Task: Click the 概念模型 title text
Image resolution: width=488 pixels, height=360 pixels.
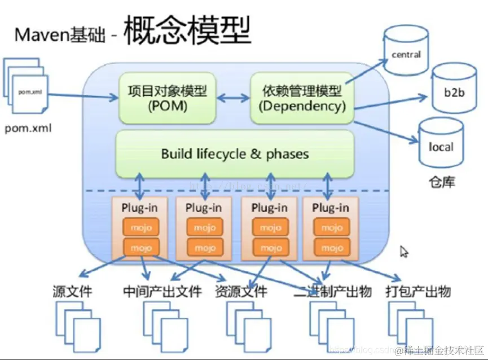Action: coord(186,30)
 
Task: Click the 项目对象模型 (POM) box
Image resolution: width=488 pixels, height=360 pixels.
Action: coord(167,97)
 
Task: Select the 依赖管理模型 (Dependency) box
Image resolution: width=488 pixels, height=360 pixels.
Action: coord(302,97)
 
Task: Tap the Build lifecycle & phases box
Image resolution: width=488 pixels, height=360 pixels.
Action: coord(235,153)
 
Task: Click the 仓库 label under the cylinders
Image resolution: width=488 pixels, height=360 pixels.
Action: coord(441,182)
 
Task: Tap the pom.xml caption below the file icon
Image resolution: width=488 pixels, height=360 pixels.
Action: coord(28,128)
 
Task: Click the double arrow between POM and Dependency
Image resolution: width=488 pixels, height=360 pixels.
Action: coord(232,98)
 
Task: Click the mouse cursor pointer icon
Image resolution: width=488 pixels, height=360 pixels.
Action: coord(404,252)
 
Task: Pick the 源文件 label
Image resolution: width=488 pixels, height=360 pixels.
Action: coord(72,292)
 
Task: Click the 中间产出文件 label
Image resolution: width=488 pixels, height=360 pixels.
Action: coord(162,292)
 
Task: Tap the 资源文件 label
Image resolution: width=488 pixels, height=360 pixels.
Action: coord(241,292)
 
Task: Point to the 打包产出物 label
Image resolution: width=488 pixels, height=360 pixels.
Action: coord(419,292)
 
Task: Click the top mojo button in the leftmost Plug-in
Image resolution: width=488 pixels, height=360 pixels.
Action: coord(141,227)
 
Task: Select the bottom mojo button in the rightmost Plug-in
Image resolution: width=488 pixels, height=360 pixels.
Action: coord(331,247)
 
